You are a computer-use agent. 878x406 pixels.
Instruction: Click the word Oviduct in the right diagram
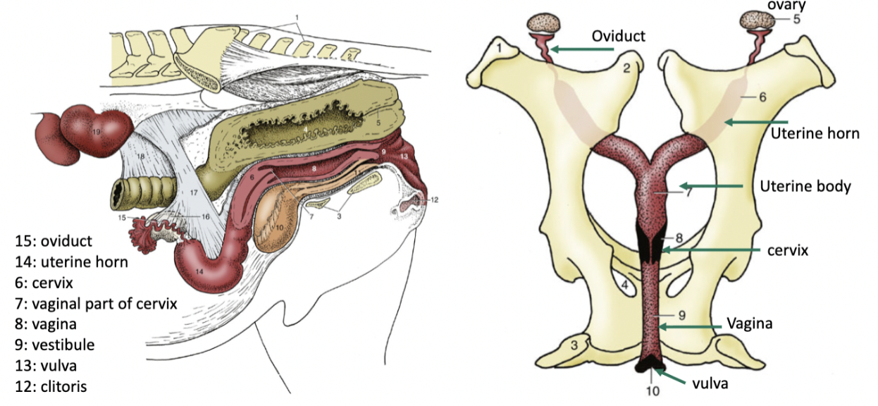[619, 36]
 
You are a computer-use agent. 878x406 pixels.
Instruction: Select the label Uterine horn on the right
[815, 134]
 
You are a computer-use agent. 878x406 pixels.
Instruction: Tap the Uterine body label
[805, 187]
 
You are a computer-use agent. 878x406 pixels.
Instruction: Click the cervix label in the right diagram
[788, 250]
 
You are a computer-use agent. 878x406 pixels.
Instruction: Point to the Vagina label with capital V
[750, 324]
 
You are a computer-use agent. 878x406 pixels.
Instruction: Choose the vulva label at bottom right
[710, 383]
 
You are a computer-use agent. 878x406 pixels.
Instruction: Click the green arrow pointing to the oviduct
[581, 49]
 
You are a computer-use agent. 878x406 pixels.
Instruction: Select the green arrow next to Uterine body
[710, 186]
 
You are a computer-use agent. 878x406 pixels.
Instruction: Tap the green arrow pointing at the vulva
[669, 376]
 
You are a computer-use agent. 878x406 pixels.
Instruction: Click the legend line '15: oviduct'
[54, 241]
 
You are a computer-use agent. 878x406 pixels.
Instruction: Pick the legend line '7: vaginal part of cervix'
[96, 304]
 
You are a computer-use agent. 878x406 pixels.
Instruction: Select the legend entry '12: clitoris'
[51, 387]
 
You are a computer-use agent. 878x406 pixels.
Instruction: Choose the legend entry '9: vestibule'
[55, 345]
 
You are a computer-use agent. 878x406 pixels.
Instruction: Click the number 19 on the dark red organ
[97, 132]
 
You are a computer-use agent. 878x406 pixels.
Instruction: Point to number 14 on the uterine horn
[199, 271]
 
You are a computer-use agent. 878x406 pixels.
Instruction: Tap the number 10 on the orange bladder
[280, 227]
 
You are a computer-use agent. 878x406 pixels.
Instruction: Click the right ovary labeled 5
[757, 20]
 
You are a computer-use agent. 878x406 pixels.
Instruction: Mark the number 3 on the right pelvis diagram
[574, 345]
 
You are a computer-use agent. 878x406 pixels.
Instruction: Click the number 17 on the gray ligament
[194, 192]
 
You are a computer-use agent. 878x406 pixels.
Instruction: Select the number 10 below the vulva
[653, 391]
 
